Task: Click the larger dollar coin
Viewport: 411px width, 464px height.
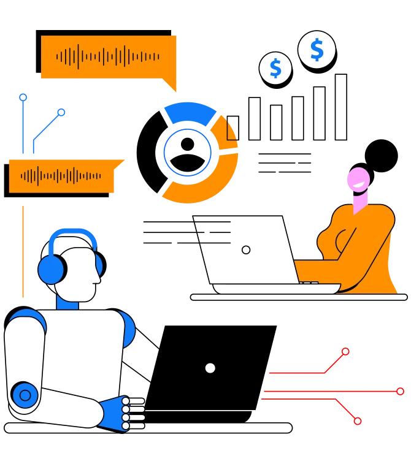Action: pos(317,50)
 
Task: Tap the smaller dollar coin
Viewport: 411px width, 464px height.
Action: pos(275,68)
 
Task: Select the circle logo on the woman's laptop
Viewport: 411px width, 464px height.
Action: pos(246,250)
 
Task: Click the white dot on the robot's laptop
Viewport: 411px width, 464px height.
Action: pos(210,368)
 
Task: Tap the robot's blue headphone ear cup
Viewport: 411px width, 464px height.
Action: pos(52,269)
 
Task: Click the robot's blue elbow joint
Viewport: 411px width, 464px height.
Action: pos(25,395)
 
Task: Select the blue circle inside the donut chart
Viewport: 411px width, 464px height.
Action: pos(187,152)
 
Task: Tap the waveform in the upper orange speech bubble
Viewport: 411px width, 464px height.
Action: pos(108,57)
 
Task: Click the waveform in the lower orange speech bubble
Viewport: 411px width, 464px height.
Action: pos(61,177)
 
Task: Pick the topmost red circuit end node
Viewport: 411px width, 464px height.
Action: pos(345,351)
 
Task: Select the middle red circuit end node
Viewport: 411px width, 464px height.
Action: pos(400,391)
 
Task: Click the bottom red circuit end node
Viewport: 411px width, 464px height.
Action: pos(358,421)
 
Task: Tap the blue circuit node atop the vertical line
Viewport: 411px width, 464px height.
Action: pos(23,97)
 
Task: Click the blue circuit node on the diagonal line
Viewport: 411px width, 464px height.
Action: pos(61,112)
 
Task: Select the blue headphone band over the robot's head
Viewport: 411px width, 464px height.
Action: pos(74,235)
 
